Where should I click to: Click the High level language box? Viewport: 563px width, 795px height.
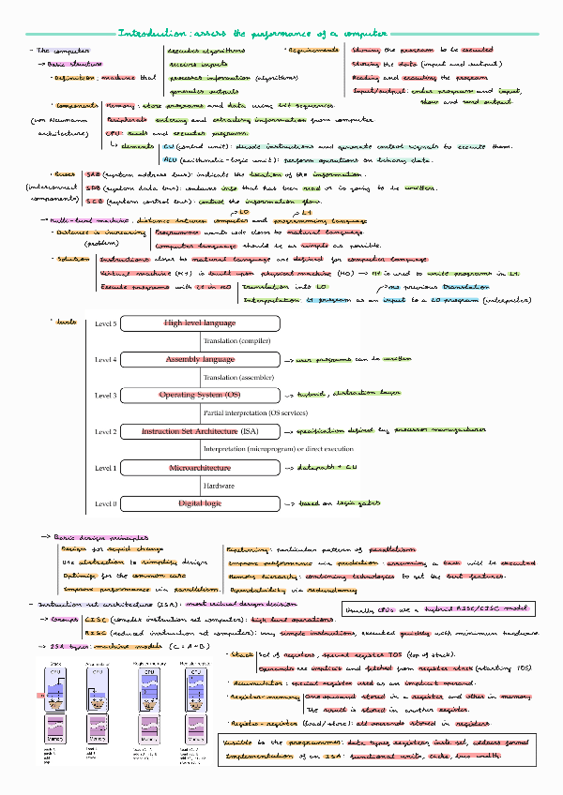click(x=200, y=323)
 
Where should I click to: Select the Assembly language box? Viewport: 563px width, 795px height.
click(x=200, y=359)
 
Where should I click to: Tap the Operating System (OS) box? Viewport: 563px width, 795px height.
click(x=200, y=395)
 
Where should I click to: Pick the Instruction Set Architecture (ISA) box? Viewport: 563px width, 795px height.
click(x=200, y=431)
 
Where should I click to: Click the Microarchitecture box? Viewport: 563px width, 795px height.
click(x=200, y=467)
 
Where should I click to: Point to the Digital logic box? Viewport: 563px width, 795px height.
click(x=200, y=503)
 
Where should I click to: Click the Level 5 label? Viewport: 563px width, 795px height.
click(x=106, y=323)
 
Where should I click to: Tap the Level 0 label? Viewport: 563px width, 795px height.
click(x=106, y=503)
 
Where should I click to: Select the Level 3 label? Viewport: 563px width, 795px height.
click(x=106, y=396)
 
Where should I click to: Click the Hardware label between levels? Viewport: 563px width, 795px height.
click(x=219, y=486)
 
